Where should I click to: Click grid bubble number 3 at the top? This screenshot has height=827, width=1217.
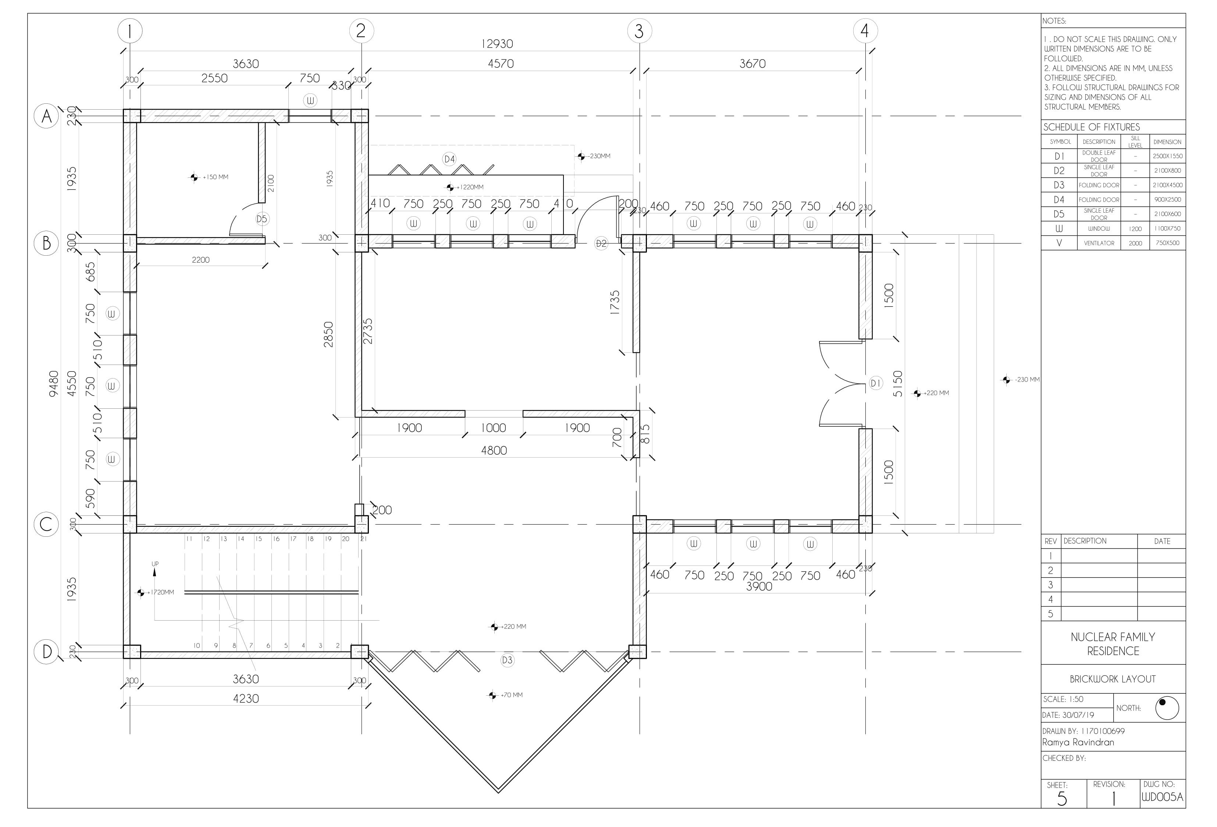pos(639,31)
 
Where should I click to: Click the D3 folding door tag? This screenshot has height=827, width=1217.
pos(507,660)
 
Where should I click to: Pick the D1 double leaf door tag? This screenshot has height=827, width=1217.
pos(876,383)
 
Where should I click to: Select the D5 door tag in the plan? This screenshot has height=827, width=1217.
pos(262,219)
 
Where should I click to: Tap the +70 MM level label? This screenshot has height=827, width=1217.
pos(512,695)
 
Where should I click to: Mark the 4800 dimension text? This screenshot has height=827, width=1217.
pos(494,450)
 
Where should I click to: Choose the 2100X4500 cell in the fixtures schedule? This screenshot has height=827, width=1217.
pos(1167,185)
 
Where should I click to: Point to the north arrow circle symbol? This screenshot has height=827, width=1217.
pos(1167,708)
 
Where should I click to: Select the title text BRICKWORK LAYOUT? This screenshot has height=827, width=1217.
pos(1113,679)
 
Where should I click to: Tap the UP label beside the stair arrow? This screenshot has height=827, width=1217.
pos(155,564)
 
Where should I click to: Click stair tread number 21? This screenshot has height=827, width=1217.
pos(363,539)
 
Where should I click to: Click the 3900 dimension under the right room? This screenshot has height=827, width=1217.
pos(759,587)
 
